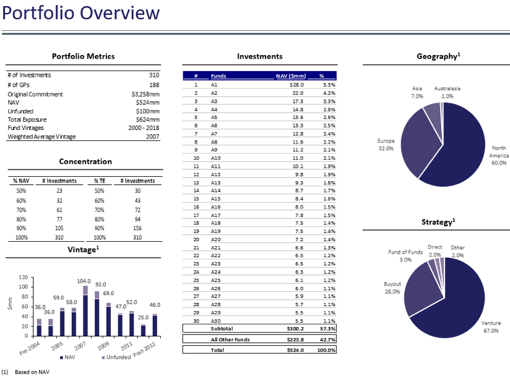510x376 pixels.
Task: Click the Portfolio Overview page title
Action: click(x=80, y=13)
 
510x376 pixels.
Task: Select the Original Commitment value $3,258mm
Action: click(x=145, y=94)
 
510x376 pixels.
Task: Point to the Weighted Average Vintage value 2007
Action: click(x=152, y=137)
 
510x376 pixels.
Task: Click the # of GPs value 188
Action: click(x=154, y=85)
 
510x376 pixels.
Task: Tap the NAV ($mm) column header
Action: click(x=291, y=75)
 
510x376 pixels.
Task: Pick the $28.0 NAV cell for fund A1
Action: click(x=296, y=85)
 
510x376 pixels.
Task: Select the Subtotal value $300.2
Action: click(x=295, y=328)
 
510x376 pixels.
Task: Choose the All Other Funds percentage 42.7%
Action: click(x=328, y=340)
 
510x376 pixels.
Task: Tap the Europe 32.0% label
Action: click(x=386, y=145)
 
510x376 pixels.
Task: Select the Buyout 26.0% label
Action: click(x=392, y=288)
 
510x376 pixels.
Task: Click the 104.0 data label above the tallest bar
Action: click(x=84, y=281)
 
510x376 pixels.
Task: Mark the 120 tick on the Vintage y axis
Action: click(x=23, y=277)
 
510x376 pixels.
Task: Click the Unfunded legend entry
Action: click(x=116, y=357)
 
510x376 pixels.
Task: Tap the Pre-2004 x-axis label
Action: click(x=30, y=348)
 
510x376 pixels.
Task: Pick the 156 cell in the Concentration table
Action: click(x=137, y=228)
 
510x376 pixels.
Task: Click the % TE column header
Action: click(x=99, y=181)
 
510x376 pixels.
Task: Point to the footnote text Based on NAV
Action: click(x=32, y=372)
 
